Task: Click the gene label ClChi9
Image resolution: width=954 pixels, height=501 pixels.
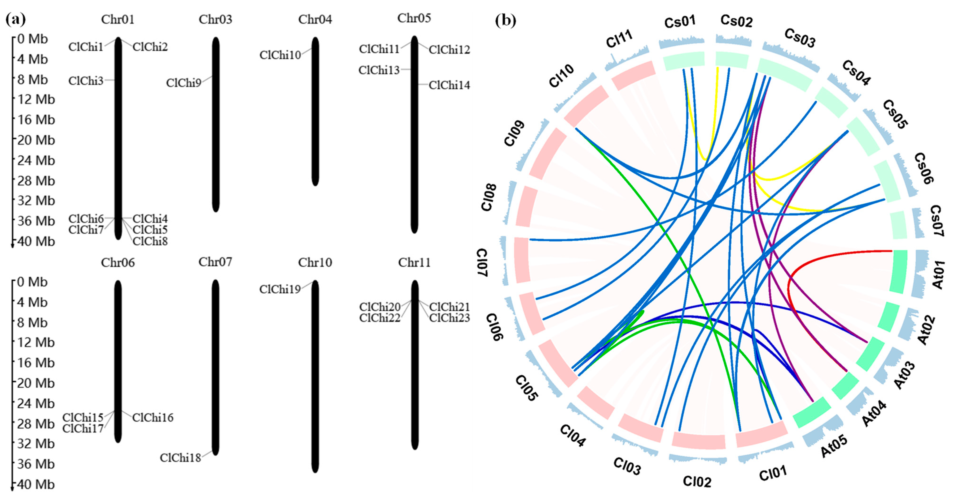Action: [x=183, y=83]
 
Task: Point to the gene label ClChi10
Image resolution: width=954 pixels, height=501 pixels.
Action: [x=280, y=55]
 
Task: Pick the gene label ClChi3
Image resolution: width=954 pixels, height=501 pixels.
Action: [x=86, y=81]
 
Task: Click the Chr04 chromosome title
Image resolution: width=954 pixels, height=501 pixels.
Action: [x=315, y=19]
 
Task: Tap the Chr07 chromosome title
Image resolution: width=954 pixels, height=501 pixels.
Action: [x=215, y=262]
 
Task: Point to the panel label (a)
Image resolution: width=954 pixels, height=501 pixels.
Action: [x=16, y=19]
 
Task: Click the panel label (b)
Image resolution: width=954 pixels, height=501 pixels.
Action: [x=506, y=20]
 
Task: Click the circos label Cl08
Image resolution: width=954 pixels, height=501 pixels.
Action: [x=489, y=197]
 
